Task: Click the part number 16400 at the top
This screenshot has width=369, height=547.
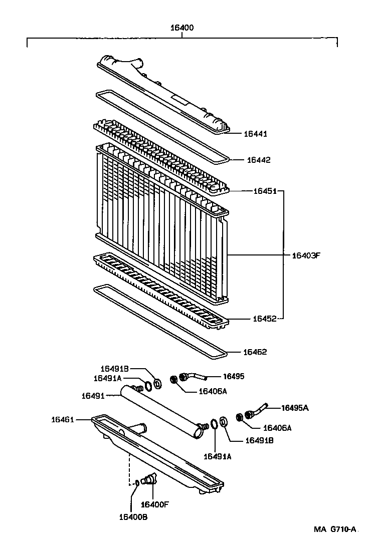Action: click(182, 28)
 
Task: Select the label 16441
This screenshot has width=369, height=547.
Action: click(255, 134)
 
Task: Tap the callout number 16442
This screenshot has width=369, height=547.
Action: click(258, 160)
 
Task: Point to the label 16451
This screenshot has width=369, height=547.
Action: click(265, 191)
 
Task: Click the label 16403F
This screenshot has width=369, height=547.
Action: click(306, 255)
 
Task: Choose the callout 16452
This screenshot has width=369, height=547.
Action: click(265, 318)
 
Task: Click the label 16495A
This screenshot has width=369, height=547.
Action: click(295, 408)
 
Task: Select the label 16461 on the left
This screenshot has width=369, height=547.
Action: click(63, 419)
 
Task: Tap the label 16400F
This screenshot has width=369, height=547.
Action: click(155, 504)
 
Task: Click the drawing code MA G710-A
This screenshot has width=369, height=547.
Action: click(335, 529)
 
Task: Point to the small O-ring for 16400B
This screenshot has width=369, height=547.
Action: click(137, 483)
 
